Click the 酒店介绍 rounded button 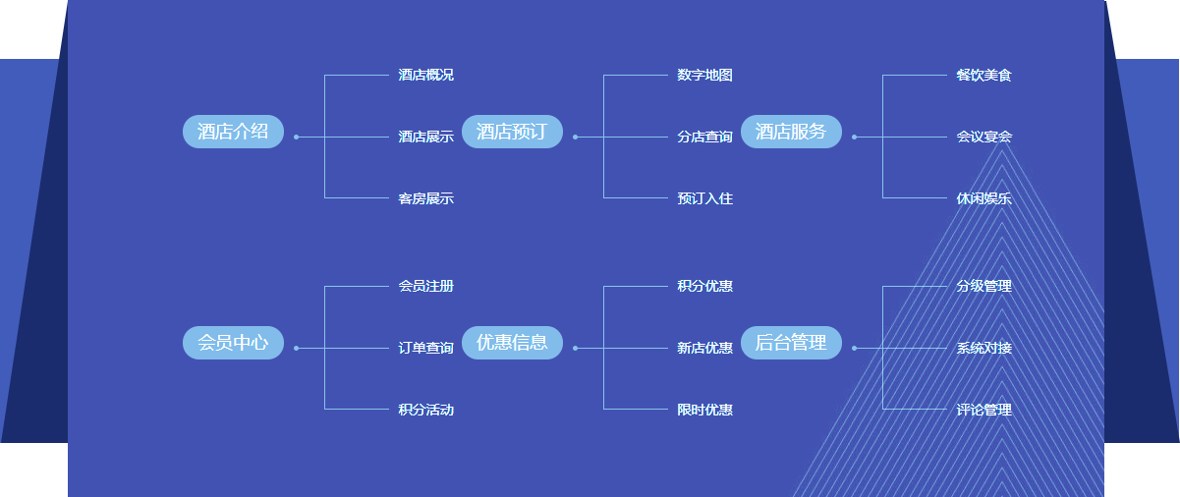(233, 132)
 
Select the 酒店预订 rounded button (512, 132)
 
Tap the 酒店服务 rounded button (791, 132)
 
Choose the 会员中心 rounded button (233, 343)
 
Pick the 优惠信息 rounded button (512, 343)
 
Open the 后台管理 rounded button (791, 343)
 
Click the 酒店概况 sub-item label (425, 76)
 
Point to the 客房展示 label (425, 198)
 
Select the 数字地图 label (704, 76)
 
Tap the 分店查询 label (704, 137)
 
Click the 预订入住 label (704, 198)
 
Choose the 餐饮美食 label (983, 76)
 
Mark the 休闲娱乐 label (983, 198)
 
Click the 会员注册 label (425, 287)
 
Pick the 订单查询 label (425, 348)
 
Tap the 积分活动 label (425, 410)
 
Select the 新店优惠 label (704, 348)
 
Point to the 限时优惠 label (704, 410)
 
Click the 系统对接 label (983, 348)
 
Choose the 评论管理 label (983, 410)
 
